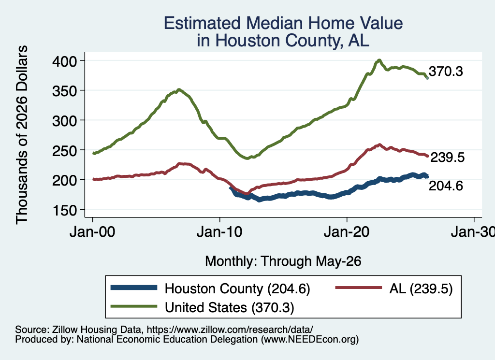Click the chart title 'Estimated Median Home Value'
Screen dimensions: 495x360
coord(283,23)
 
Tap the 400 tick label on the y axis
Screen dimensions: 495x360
coord(64,61)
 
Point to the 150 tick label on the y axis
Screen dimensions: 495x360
coord(64,210)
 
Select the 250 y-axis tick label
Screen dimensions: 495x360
coord(64,150)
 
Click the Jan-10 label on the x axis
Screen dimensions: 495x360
coord(219,232)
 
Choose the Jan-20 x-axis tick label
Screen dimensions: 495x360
coord(347,232)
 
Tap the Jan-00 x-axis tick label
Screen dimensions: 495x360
coord(92,232)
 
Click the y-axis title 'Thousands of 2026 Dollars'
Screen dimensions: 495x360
coord(22,135)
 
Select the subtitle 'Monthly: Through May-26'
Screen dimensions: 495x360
coord(283,261)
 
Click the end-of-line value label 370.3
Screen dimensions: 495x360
coord(446,72)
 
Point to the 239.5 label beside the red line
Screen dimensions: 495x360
coord(447,157)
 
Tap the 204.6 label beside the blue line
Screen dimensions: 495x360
coord(446,186)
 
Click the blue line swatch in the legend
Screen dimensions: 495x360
coord(134,288)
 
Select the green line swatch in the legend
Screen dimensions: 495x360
coord(134,306)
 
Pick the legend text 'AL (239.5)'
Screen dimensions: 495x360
coord(421,288)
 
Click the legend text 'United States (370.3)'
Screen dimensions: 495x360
coord(230,308)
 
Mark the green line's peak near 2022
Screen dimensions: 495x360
coord(379,60)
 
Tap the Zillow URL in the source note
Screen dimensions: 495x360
coord(230,330)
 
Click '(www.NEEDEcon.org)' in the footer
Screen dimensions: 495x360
coord(310,340)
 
